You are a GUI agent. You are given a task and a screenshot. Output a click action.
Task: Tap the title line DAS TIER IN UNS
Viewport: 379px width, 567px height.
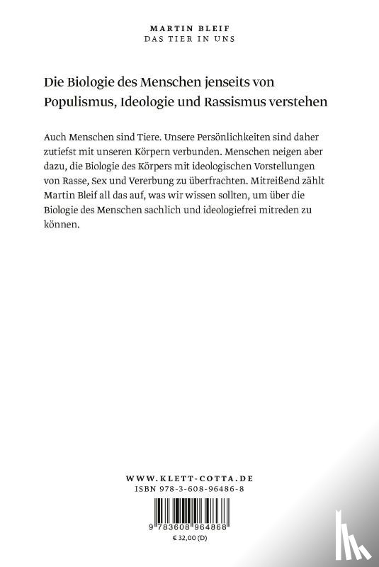(x=189, y=37)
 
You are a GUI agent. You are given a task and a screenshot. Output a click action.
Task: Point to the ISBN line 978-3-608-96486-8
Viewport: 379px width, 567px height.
(x=189, y=490)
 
